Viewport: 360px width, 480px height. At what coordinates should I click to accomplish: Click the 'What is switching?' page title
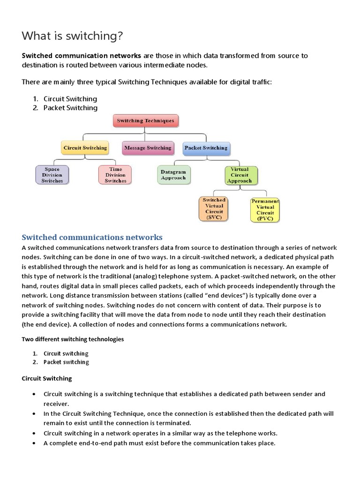click(73, 36)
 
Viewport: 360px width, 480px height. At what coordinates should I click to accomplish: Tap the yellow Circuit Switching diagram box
click(85, 148)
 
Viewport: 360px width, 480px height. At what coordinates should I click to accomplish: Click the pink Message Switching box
click(147, 148)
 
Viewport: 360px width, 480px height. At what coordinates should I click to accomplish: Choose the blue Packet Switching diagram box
click(206, 148)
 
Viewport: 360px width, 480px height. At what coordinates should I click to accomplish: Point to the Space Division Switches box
click(52, 175)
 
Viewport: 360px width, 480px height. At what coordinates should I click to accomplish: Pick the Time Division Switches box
click(115, 175)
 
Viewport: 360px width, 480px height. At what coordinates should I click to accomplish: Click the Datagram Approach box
click(173, 175)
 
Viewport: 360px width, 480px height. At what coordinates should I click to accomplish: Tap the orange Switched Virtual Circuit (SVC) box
click(214, 209)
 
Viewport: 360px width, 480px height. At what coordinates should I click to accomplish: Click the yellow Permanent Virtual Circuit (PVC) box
click(265, 210)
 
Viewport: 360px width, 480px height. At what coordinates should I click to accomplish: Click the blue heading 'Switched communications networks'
click(92, 237)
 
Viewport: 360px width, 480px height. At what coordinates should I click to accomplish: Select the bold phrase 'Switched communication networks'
click(82, 56)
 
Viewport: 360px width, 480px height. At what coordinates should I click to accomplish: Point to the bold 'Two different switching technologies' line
click(73, 339)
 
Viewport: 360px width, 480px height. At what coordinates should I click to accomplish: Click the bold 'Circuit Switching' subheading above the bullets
click(47, 378)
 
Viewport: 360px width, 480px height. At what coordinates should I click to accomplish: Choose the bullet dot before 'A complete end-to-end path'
click(34, 442)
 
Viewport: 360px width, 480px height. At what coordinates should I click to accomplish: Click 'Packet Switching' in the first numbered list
click(70, 108)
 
